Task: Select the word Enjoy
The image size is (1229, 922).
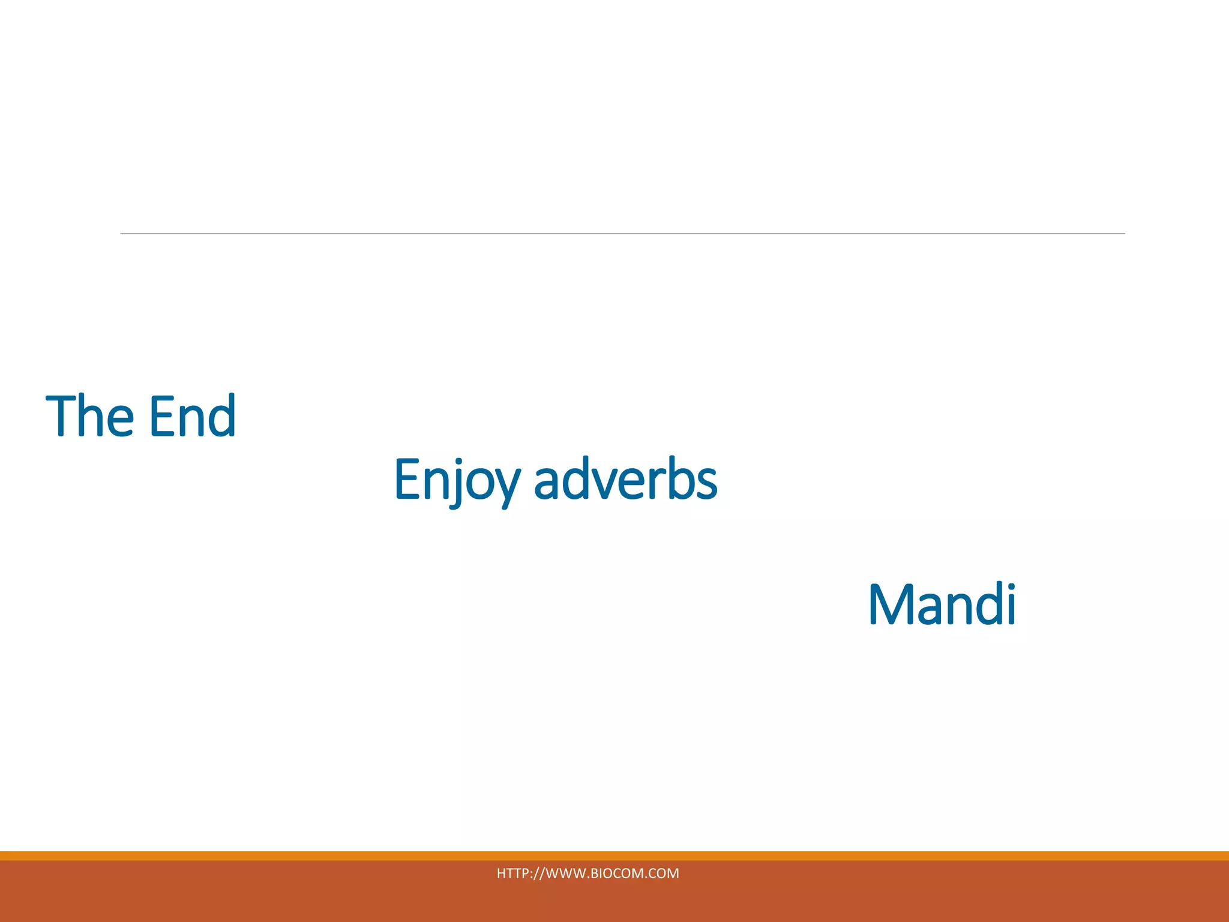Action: (x=456, y=480)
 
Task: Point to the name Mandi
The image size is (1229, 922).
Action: (x=942, y=604)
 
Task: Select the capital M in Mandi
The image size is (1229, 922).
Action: (x=892, y=604)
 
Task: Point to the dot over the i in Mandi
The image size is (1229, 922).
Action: (x=1010, y=586)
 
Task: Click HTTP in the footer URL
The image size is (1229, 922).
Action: (x=510, y=873)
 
